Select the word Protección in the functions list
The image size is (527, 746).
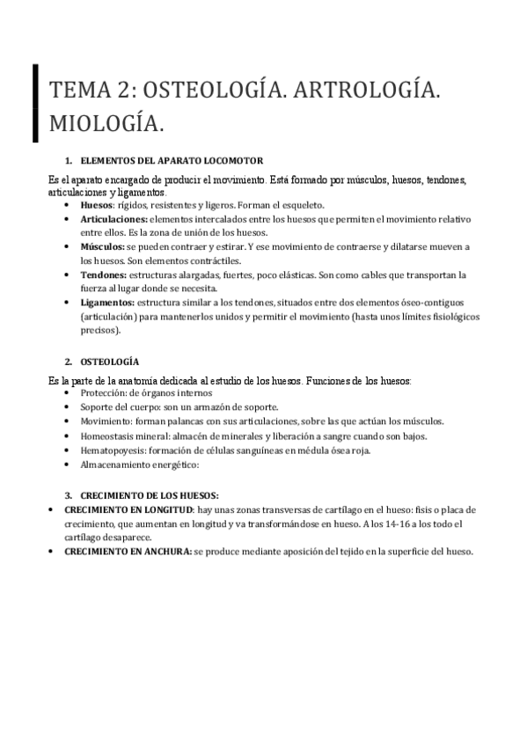[103, 392]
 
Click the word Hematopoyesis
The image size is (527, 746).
[113, 450]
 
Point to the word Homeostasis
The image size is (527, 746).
[109, 435]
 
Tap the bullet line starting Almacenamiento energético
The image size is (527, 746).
[141, 464]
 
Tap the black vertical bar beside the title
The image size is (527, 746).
[35, 103]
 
